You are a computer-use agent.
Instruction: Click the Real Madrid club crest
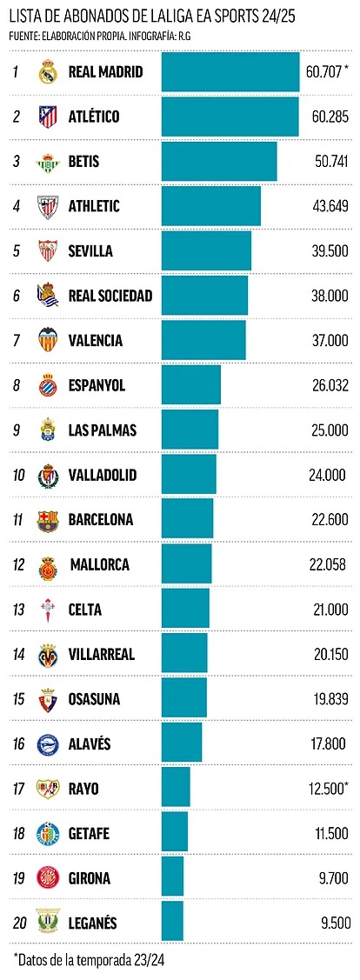[47, 72]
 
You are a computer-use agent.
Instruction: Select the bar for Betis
[218, 162]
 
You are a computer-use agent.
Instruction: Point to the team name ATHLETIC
[94, 207]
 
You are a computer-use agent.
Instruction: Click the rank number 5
[16, 251]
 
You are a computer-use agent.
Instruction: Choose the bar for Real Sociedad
[204, 296]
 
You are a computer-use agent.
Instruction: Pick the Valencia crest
[47, 341]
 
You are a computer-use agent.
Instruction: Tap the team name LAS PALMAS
[103, 430]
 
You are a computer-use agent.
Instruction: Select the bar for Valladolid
[189, 475]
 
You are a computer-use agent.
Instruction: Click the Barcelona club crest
[47, 520]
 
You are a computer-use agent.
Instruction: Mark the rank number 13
[17, 610]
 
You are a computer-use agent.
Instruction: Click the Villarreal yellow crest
[47, 655]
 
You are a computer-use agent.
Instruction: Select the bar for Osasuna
[183, 699]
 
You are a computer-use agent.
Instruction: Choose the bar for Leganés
[172, 922]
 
